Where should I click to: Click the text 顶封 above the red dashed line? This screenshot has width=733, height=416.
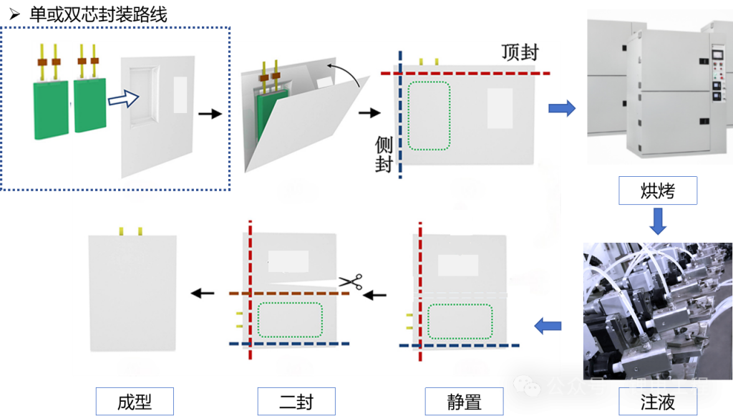pos(520,52)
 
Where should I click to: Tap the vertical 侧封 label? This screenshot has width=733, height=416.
pos(384,155)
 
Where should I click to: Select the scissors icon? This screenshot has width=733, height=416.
pos(350,282)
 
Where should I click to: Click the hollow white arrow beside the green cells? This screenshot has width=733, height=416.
pos(122,98)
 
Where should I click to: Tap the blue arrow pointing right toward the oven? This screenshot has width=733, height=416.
pos(562,108)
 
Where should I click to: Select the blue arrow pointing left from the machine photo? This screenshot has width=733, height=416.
pos(548,326)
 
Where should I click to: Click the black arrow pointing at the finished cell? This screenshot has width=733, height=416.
pos(202,292)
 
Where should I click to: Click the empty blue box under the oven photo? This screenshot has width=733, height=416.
pos(657,190)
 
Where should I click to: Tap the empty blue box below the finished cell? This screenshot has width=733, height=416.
pos(135,401)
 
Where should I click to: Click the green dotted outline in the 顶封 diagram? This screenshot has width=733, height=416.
pos(429,115)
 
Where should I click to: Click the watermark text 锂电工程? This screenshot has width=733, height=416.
pos(669,387)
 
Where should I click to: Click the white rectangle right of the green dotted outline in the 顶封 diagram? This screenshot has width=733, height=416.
pos(500,108)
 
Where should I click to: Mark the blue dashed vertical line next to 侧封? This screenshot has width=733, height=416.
pos(400,115)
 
